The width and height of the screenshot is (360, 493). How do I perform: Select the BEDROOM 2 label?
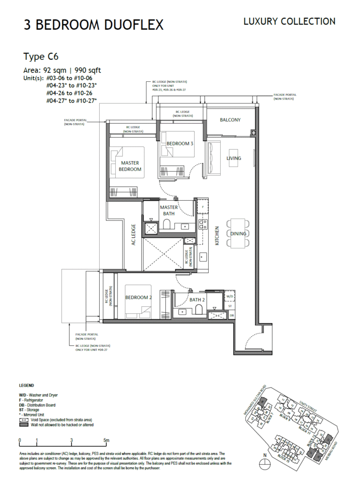click(139, 298)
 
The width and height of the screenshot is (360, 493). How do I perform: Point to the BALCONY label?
click(230, 120)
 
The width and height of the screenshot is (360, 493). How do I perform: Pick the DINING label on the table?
click(238, 234)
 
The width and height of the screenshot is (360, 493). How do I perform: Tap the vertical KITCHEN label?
click(217, 236)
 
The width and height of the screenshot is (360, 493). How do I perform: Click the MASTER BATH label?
click(169, 210)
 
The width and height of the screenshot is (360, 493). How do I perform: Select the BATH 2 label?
click(197, 300)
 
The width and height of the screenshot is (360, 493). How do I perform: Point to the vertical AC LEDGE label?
click(134, 234)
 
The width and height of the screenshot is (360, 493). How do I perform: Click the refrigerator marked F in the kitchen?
click(203, 207)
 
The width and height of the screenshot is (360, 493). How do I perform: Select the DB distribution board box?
click(231, 315)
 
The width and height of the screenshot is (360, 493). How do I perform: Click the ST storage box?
click(230, 306)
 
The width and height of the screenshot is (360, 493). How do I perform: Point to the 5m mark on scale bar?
click(107, 440)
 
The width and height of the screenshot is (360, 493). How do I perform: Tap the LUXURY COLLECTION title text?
click(289, 21)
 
